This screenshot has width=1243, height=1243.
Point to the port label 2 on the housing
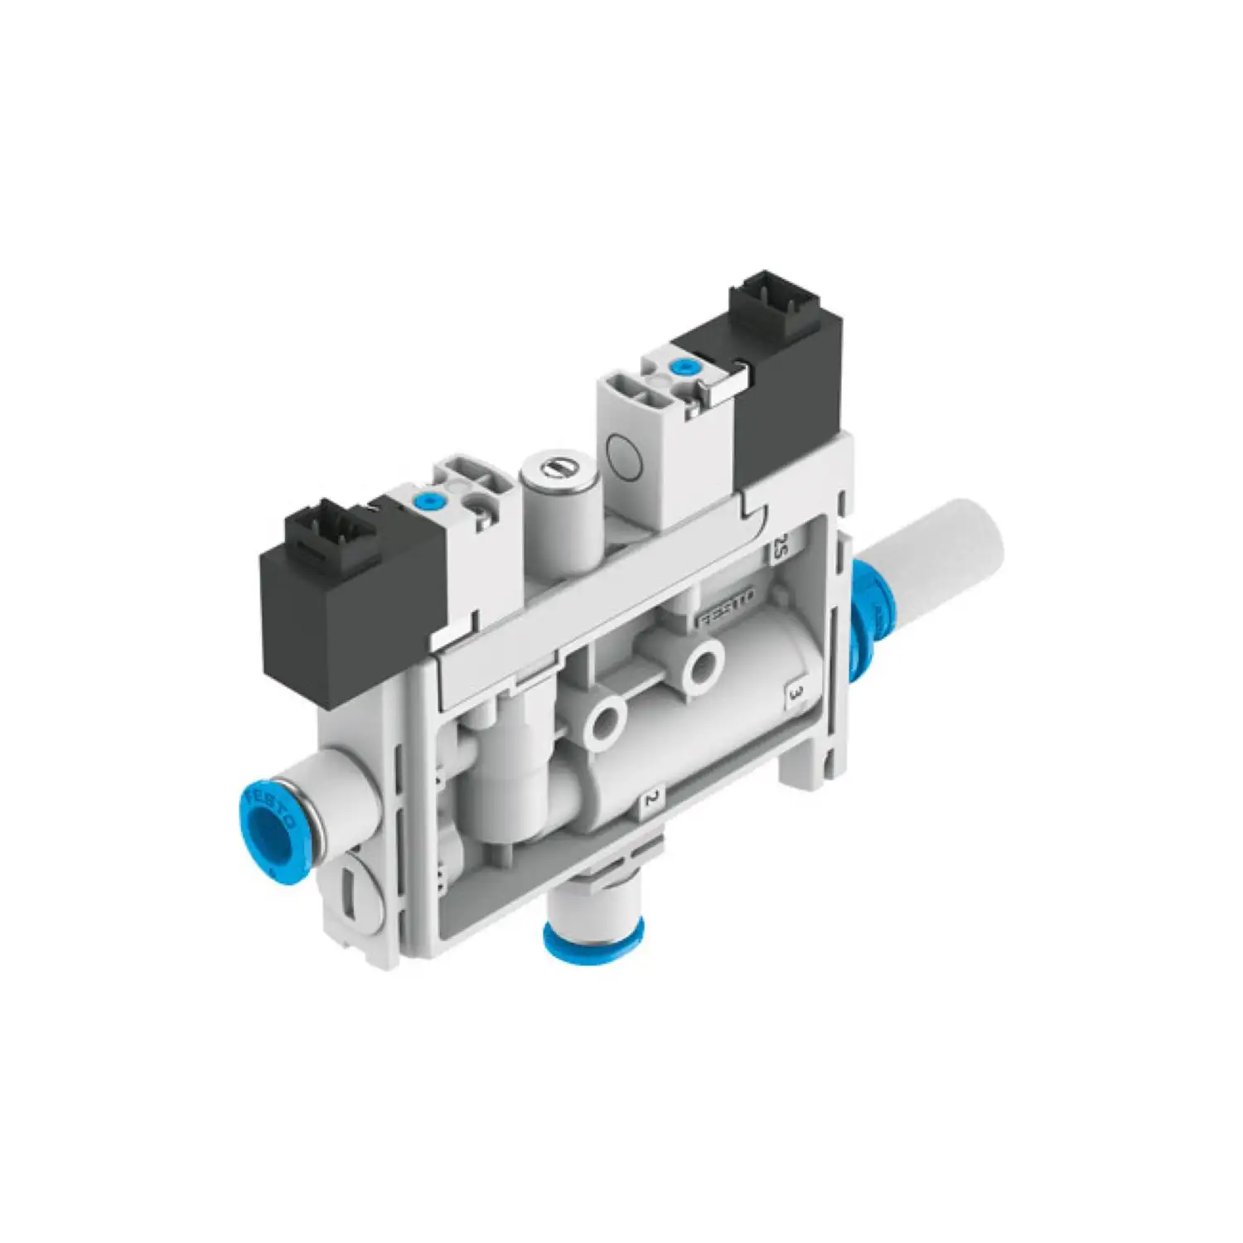[x=652, y=799]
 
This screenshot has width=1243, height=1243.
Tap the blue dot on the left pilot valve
[x=428, y=501]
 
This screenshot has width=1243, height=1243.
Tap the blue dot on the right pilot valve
[x=684, y=367]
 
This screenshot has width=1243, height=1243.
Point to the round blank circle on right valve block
[x=627, y=452]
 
